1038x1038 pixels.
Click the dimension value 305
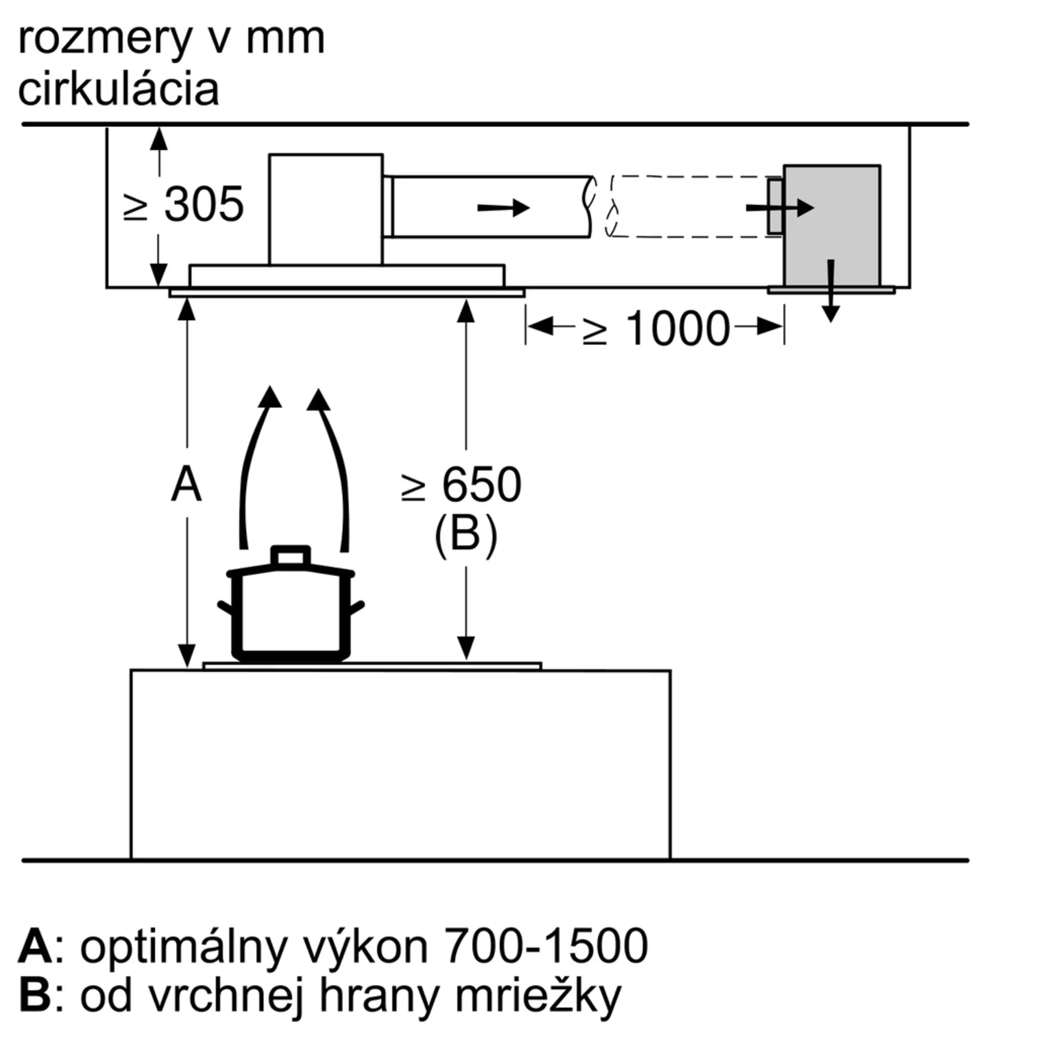(x=203, y=204)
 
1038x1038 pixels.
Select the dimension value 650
(x=482, y=485)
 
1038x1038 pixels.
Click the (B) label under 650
(x=466, y=535)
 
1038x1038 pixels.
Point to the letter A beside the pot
(x=186, y=485)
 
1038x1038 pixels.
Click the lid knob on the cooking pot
(x=291, y=555)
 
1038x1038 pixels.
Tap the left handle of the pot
(x=226, y=608)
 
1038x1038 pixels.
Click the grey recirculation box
(x=831, y=226)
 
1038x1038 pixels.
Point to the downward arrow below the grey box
(x=831, y=291)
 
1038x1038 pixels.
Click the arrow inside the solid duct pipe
(x=503, y=208)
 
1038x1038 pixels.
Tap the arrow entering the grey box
(x=780, y=208)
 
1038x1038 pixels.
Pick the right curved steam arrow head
(x=319, y=400)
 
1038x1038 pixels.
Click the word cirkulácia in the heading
(x=119, y=89)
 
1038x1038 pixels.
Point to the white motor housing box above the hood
(x=326, y=210)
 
